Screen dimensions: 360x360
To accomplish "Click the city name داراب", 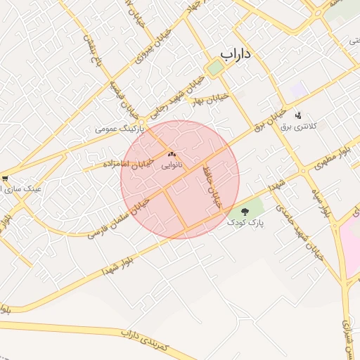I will click(x=236, y=53).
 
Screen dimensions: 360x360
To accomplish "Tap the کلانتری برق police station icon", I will click(x=297, y=115).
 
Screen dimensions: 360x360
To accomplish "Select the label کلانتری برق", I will click(x=299, y=127).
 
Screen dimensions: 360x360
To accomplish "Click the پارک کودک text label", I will click(x=245, y=222).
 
